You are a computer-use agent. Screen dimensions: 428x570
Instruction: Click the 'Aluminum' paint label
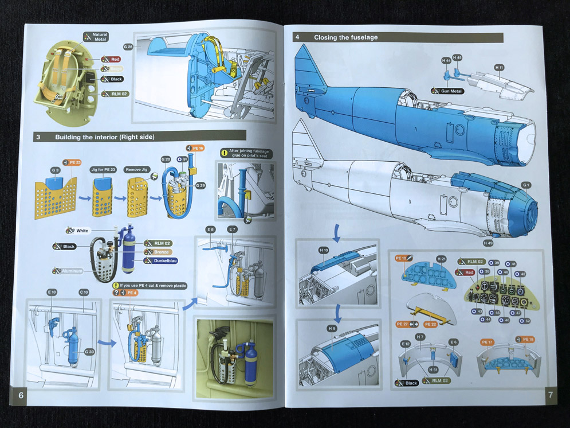(70, 271)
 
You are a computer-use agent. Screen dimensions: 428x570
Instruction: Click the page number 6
(21, 395)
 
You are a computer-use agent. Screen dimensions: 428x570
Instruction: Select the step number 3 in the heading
(38, 137)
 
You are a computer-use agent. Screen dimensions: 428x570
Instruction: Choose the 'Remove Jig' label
(136, 170)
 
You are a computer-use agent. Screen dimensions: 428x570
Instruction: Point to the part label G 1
(526, 185)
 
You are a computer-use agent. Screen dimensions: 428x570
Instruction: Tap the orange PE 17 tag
(487, 343)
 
